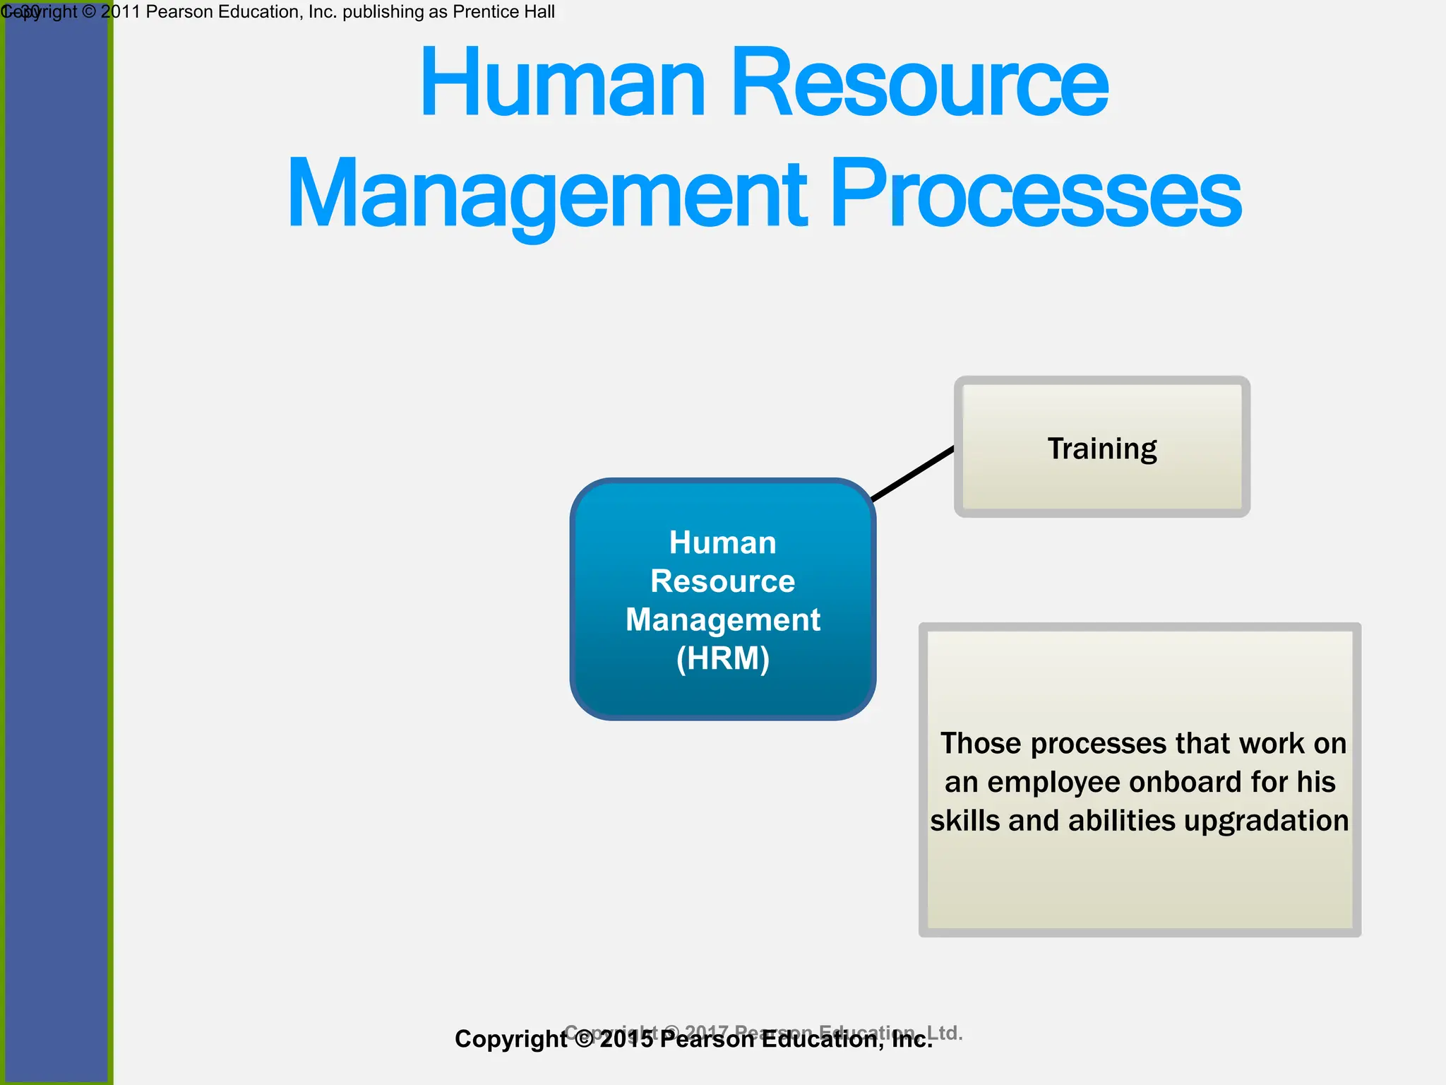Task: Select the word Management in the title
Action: coord(547,194)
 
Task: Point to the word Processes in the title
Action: coord(1035,194)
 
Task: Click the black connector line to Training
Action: coord(913,473)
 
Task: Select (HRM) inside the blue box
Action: coord(722,658)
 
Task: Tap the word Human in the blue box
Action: coord(722,543)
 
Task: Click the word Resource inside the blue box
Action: coord(722,581)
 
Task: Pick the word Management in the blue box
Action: coord(722,620)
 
